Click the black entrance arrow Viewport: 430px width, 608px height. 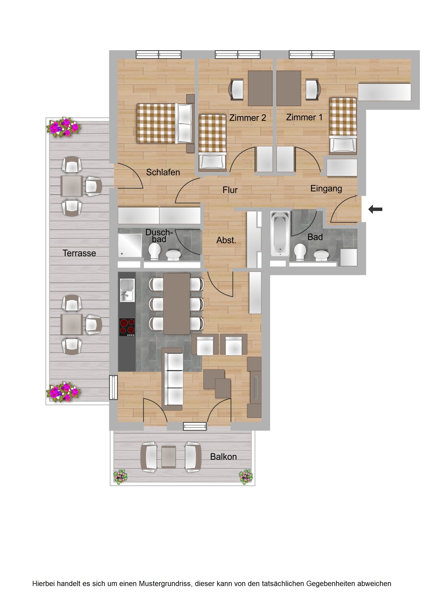(x=375, y=209)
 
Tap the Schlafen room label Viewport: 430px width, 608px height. (x=163, y=172)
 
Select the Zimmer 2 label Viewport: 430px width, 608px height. (x=248, y=118)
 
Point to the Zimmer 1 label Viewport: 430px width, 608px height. (x=304, y=117)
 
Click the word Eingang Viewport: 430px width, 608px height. (x=326, y=188)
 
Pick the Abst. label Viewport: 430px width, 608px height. (x=226, y=240)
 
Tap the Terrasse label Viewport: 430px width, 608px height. (x=79, y=253)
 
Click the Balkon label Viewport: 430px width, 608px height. (x=223, y=457)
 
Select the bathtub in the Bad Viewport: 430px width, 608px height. (x=280, y=234)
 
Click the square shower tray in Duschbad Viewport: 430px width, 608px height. (x=130, y=245)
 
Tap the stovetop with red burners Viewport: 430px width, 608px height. (x=127, y=327)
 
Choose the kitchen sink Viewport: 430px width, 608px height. (x=127, y=290)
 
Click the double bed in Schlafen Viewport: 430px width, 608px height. (x=164, y=124)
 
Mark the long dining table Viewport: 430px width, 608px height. (x=176, y=304)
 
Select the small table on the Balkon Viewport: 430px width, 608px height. (x=168, y=457)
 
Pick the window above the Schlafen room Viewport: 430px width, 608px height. (x=158, y=54)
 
